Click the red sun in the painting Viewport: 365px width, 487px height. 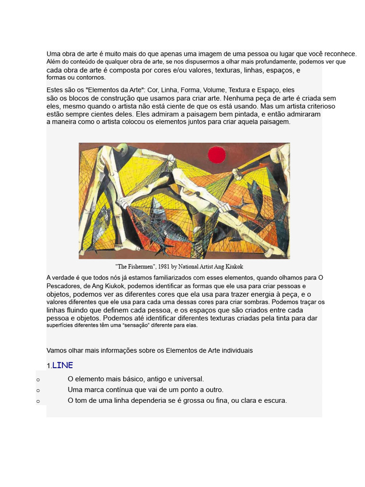[x=216, y=155]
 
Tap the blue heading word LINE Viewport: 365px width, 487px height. [x=62, y=365]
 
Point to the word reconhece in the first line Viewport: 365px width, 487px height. [x=342, y=54]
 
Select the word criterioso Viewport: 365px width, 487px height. [x=318, y=106]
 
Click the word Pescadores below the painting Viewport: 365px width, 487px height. [x=64, y=286]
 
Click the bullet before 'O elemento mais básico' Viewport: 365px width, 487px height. [x=38, y=380]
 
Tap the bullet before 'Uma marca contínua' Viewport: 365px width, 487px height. [x=38, y=390]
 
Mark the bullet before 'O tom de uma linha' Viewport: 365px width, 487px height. [x=38, y=401]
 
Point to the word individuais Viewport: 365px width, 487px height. [x=237, y=351]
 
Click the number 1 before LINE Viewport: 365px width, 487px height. [x=48, y=366]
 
